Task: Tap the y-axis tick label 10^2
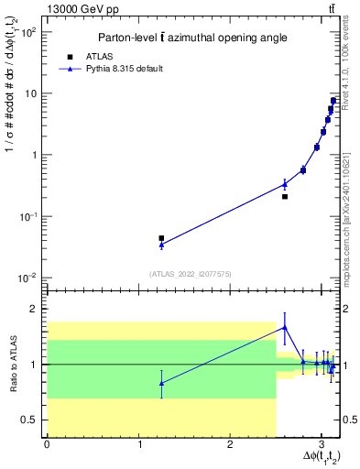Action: coord(30,31)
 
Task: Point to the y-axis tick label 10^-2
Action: coord(30,278)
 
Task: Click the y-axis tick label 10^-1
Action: coord(30,216)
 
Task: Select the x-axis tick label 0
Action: coord(47,443)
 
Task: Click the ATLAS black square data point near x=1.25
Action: coord(161,238)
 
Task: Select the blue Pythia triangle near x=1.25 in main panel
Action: coord(161,245)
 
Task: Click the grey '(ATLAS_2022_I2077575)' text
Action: coord(190,273)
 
